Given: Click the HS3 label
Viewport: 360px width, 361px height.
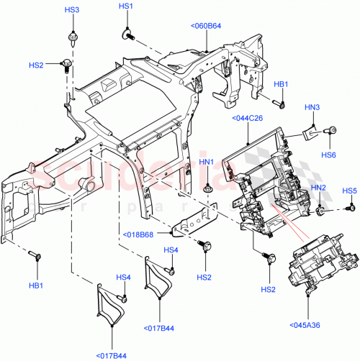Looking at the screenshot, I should (x=72, y=10).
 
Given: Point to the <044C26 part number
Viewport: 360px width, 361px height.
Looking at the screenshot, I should (x=246, y=119).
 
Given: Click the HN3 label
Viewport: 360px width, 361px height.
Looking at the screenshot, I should (x=312, y=107).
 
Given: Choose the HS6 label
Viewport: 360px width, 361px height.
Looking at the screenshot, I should (x=329, y=154).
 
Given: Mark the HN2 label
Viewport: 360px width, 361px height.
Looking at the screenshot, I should (x=318, y=188).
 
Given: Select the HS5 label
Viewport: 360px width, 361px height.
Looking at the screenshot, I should (x=350, y=191).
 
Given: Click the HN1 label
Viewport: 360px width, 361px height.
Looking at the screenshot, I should (x=207, y=163).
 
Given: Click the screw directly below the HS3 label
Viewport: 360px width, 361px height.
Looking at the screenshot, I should (x=72, y=37).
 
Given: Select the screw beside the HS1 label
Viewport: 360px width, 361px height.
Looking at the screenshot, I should (x=128, y=32).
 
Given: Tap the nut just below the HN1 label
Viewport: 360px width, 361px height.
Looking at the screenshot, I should (x=207, y=189).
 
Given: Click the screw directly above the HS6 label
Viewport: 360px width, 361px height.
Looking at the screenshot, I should (x=332, y=132).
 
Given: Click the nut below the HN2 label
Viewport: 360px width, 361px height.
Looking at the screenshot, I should (x=320, y=211).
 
